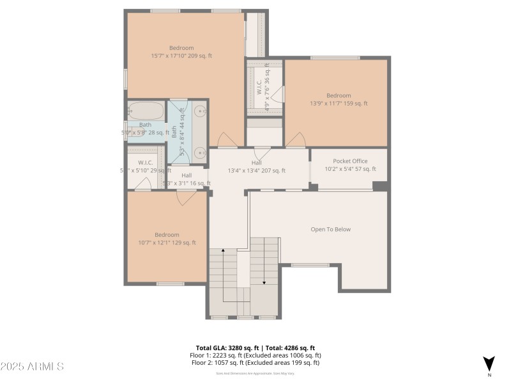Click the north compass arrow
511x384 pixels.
pos(489,363)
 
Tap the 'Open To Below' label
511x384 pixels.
pos(330,229)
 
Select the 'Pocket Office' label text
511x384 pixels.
pos(350,161)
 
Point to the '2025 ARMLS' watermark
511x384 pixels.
pos(32,367)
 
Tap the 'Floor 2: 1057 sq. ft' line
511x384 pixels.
pos(255,363)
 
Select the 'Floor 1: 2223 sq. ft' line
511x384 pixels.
pos(255,355)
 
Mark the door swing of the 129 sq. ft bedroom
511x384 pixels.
pos(186,198)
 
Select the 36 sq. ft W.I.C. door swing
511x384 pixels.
pos(277,95)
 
